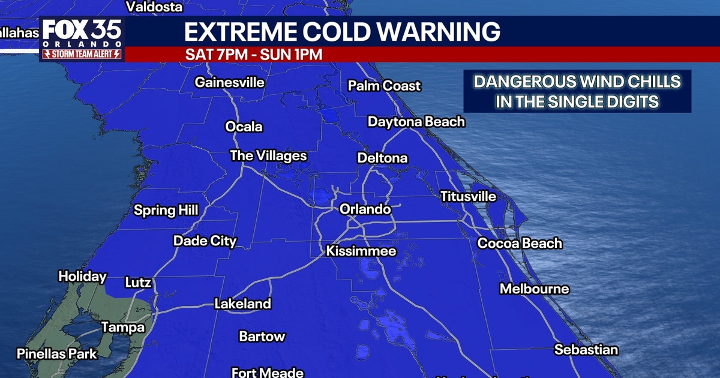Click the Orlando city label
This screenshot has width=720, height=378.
365,209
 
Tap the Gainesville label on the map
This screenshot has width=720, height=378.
229,82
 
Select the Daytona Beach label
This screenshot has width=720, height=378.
416,122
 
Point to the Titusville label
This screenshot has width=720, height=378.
468,196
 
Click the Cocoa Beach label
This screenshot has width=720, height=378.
520,243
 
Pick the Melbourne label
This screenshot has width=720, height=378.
534,289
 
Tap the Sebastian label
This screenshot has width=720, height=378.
586,349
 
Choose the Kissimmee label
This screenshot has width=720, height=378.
361,251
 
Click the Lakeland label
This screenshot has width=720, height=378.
242,304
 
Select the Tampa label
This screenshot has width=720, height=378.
122,327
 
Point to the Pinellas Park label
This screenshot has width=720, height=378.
56,353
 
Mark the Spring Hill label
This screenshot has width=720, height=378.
166,210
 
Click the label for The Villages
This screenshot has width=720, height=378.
268,156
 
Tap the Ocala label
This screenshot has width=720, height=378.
244,127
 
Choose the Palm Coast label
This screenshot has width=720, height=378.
384,86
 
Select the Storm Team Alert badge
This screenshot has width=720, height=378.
82,54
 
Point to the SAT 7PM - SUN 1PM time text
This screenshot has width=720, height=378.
254,54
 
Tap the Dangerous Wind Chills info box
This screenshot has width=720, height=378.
577,91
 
